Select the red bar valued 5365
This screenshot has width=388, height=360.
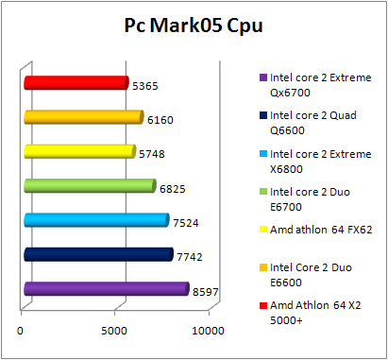[75, 83]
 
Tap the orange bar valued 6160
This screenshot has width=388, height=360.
[82, 117]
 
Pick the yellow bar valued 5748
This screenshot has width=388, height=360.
[78, 151]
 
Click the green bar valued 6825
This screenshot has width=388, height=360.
[89, 186]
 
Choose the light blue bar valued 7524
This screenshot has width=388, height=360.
[95, 220]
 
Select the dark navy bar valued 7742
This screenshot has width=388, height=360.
[97, 254]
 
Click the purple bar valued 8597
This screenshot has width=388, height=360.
[105, 289]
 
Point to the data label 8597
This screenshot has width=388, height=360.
[206, 293]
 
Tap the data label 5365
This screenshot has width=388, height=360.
[145, 86]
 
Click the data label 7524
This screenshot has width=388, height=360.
[185, 224]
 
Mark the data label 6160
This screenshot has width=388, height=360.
[160, 121]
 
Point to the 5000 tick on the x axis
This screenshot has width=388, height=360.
[115, 330]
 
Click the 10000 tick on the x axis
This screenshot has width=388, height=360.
[208, 330]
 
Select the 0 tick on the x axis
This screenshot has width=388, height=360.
[22, 330]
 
